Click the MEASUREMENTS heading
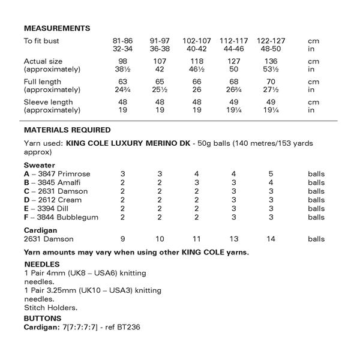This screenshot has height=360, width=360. coord(57,28)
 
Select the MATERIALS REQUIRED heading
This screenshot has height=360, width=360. coord(67,130)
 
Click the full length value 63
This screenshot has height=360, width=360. coord(122,82)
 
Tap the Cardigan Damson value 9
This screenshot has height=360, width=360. coord(122,239)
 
